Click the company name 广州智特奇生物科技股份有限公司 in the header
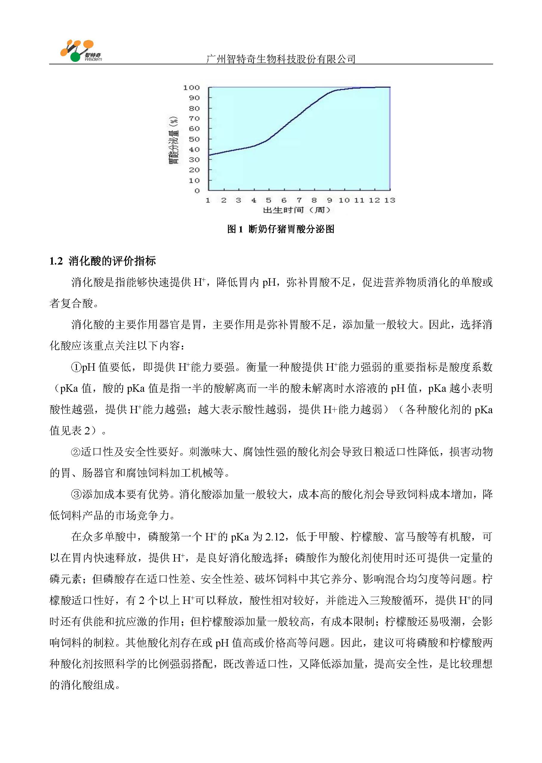(281, 59)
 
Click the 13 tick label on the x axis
(389, 200)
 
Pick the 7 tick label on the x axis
(299, 200)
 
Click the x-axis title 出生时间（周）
(297, 210)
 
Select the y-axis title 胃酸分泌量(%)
(173, 140)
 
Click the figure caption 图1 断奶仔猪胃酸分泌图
(280, 229)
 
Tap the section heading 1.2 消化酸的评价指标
(103, 261)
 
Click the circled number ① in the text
(76, 367)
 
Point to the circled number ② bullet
(76, 452)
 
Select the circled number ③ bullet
(76, 494)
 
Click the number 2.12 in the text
(274, 537)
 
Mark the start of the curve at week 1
(209, 155)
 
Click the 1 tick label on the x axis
(208, 200)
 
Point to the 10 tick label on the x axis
(344, 200)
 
